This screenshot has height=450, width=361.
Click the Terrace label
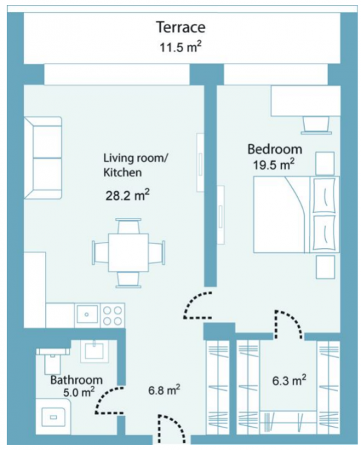[181, 27]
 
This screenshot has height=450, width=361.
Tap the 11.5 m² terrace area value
[180, 47]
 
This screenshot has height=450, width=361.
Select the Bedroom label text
[275, 150]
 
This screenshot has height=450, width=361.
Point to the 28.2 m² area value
[127, 195]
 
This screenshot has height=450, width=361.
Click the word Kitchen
[122, 173]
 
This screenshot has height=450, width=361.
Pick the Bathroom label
[77, 380]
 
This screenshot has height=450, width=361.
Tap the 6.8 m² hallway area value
[164, 390]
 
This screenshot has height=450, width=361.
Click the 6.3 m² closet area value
[289, 380]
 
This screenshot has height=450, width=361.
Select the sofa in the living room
[43, 157]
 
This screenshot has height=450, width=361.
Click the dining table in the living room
[129, 253]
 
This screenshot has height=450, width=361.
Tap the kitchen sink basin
[87, 314]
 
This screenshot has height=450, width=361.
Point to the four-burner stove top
[112, 316]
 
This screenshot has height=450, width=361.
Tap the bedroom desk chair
[316, 125]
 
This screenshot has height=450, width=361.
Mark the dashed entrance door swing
[172, 425]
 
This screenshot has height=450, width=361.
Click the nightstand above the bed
[325, 163]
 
